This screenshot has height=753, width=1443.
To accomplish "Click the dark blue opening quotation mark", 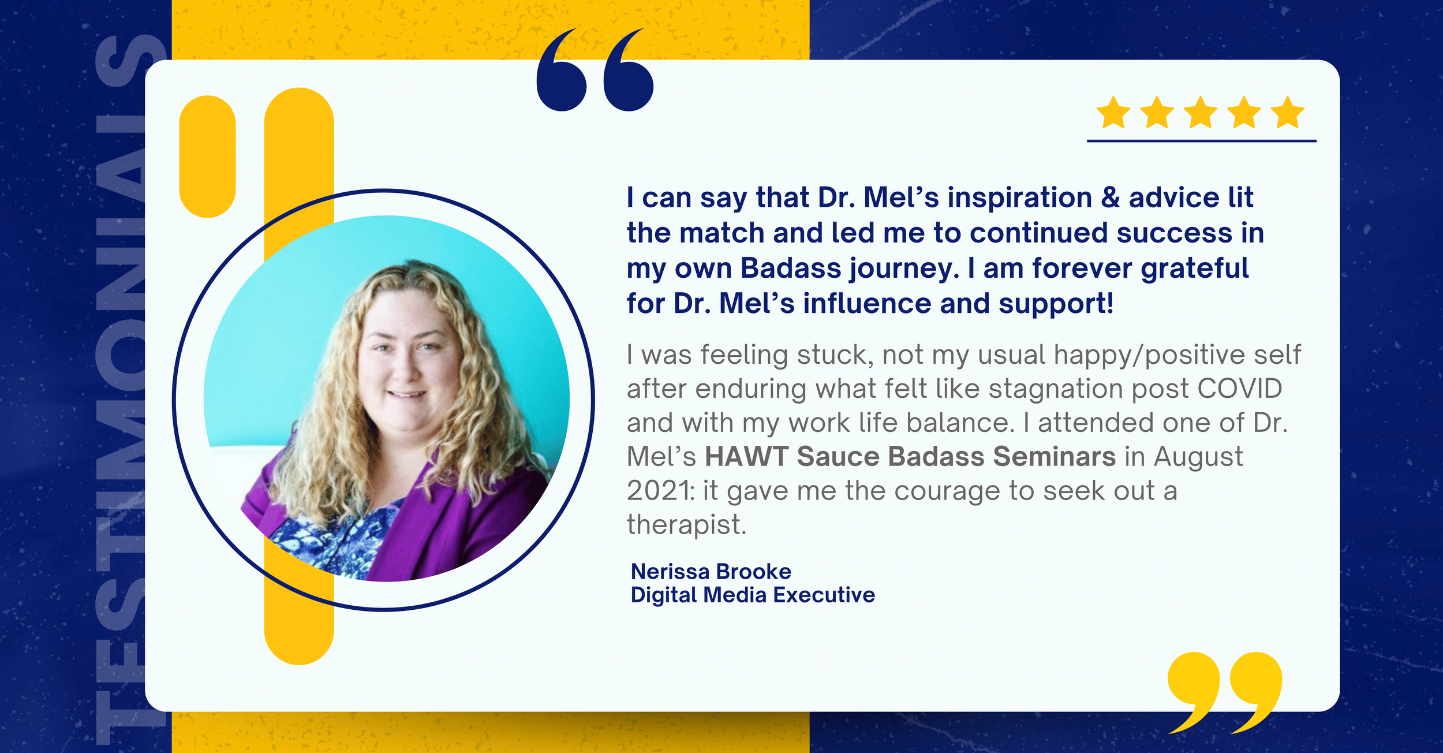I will pos(595,70).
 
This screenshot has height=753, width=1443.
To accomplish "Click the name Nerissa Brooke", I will pos(711,572).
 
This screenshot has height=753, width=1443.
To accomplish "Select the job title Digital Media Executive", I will pos(752,595).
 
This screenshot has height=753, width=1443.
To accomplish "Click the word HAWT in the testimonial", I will pos(746,457).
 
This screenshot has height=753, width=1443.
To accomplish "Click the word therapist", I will pos(686,525).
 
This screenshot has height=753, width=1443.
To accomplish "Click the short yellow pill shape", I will pos(207,156).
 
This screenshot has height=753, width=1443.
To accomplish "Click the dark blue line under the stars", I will pos(1201,140).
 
